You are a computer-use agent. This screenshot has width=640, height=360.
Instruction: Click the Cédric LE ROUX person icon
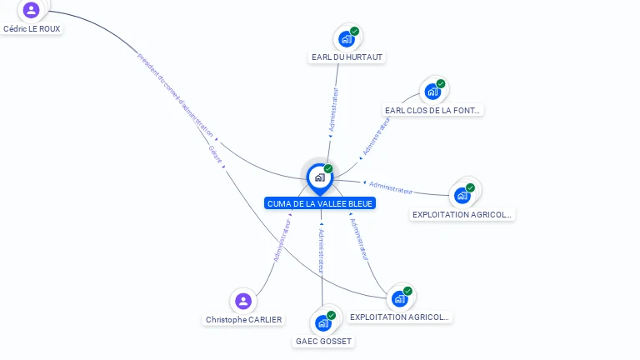click(32, 10)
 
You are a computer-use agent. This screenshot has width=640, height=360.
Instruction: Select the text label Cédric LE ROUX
click(32, 28)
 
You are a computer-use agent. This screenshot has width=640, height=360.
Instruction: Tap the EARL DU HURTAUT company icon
click(347, 38)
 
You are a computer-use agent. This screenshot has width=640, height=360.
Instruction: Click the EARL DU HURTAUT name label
click(347, 57)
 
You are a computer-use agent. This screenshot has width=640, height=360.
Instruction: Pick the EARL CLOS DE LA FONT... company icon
click(432, 91)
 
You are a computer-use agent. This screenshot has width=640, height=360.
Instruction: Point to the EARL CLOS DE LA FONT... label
click(432, 110)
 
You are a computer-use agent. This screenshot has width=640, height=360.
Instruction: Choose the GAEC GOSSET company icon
click(323, 322)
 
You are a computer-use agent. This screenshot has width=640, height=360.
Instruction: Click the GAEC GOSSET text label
click(323, 341)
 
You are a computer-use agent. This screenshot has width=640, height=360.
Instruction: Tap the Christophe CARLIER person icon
click(243, 301)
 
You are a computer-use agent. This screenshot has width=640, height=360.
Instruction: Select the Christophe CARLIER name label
click(243, 319)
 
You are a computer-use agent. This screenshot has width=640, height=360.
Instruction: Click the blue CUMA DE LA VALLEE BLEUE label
click(320, 203)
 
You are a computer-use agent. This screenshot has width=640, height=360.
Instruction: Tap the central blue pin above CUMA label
click(319, 177)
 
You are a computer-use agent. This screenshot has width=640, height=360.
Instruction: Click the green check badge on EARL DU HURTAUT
click(355, 32)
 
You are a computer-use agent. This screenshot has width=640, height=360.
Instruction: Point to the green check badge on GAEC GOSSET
click(332, 316)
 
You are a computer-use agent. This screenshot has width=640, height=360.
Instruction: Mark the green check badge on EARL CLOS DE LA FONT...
click(441, 84)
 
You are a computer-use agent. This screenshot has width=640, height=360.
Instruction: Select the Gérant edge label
click(215, 153)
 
